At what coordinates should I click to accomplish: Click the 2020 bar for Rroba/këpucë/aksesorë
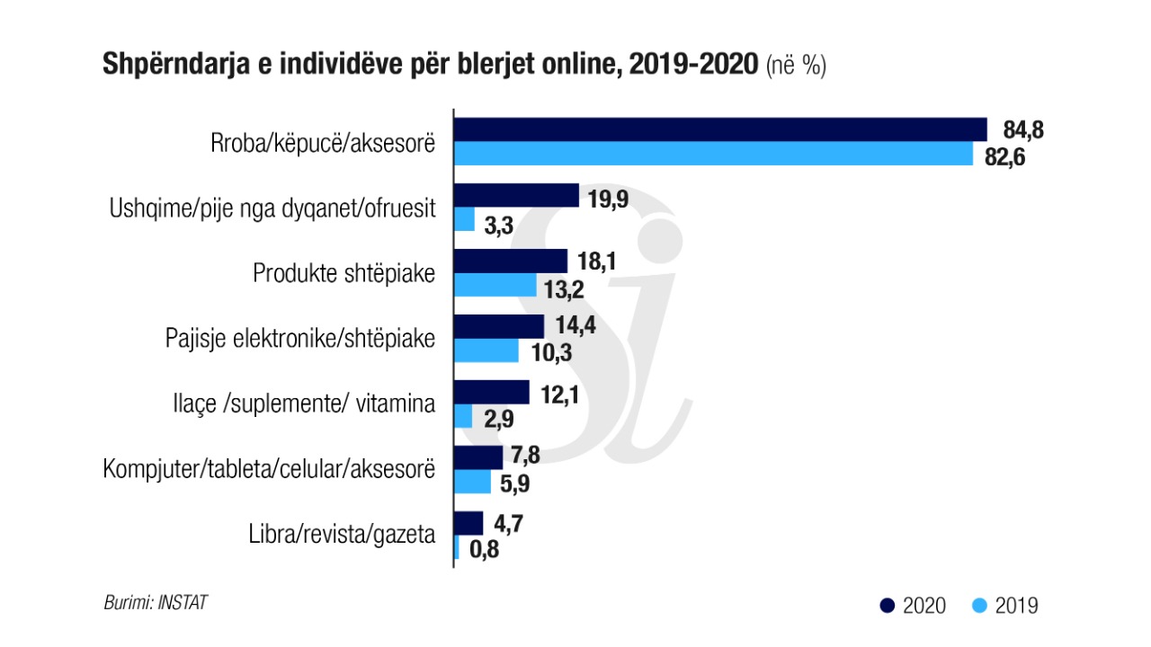720,130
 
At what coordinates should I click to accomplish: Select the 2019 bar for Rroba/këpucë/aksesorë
713,155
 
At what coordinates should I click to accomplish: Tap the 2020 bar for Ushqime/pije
516,196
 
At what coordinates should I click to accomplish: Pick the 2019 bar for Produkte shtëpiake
495,285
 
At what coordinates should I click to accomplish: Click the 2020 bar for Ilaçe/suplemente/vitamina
492,393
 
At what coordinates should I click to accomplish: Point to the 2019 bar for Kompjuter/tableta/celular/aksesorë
473,483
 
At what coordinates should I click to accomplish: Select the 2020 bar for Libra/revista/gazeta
468,524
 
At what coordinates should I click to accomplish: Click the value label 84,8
1023,130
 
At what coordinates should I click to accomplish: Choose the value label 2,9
501,417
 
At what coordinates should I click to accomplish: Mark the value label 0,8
481,548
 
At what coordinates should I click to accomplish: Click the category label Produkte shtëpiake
344,273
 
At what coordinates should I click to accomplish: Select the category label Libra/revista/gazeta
342,536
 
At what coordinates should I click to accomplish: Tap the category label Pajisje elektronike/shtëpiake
300,339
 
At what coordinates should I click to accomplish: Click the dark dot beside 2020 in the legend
886,606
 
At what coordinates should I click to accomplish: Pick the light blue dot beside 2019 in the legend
978,606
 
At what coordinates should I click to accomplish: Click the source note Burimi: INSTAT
156,602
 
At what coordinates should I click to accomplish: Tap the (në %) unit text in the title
796,66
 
